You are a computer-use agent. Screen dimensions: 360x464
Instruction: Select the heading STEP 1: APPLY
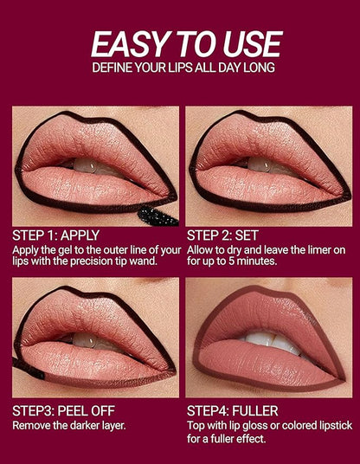tap(56, 235)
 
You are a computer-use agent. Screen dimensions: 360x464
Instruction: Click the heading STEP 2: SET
tap(222, 235)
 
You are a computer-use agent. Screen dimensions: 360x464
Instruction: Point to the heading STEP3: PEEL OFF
tap(63, 410)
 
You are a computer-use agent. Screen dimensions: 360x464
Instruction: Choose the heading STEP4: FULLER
tap(233, 410)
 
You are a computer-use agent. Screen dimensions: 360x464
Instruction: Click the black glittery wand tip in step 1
tap(157, 216)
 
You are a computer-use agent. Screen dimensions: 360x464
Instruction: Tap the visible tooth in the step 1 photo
tap(85, 165)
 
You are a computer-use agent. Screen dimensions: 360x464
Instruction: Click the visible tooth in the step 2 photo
tap(259, 164)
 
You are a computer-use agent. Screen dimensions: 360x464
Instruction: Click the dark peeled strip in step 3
tap(28, 369)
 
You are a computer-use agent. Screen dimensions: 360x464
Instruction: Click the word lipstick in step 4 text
tap(336, 426)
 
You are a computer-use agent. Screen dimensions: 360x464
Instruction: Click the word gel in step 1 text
tap(65, 251)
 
